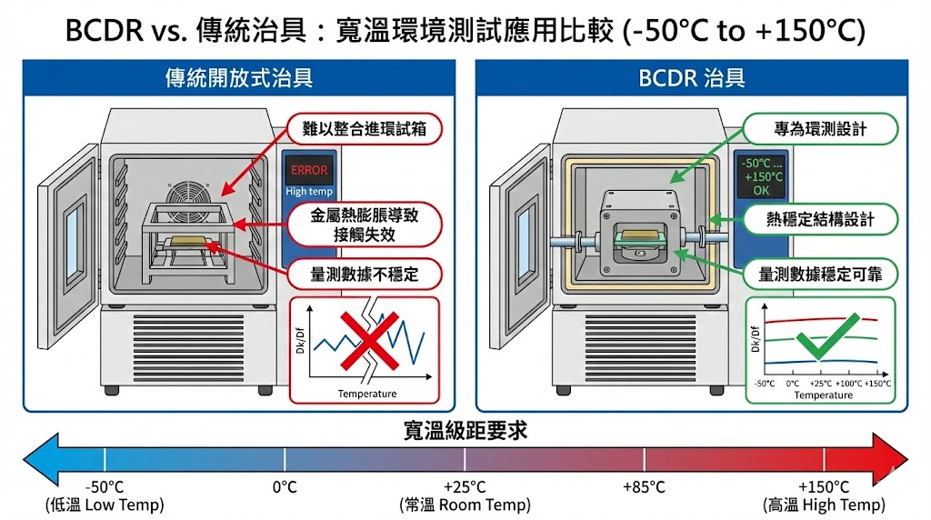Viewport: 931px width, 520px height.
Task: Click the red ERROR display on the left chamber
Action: (309, 169)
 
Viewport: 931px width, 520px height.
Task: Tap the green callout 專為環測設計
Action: (820, 129)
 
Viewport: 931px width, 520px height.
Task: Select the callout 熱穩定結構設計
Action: (820, 219)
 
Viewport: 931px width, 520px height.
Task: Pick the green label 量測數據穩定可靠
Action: (820, 273)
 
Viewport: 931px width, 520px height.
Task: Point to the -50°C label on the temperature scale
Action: (105, 487)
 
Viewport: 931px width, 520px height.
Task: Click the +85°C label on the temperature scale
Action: (645, 487)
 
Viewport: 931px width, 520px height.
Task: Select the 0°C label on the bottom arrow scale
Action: (285, 487)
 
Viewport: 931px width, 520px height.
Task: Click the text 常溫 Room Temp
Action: (465, 505)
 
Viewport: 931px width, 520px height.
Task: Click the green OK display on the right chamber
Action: (762, 176)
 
